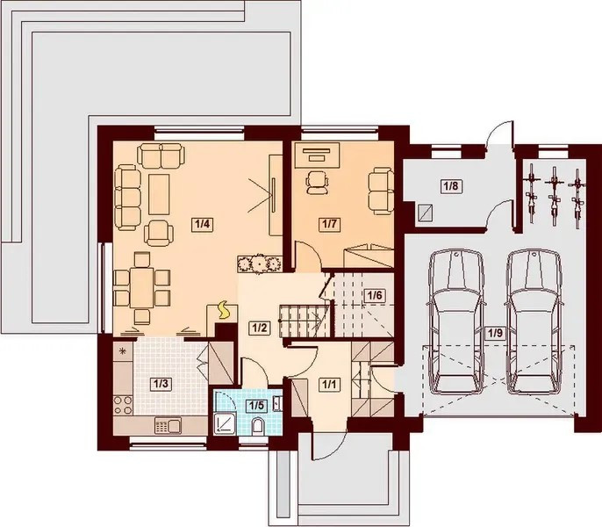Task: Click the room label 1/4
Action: point(202,224)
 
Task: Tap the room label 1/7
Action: point(329,224)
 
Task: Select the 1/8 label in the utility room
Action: point(451,186)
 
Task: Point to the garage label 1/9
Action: point(495,333)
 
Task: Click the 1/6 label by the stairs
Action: point(375,296)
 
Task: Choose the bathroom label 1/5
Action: point(256,405)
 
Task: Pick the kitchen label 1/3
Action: point(161,384)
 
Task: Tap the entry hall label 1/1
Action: point(329,384)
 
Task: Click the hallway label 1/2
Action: point(259,328)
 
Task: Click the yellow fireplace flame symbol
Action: point(223,311)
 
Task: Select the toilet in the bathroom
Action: point(257,427)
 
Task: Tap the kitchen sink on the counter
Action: point(168,426)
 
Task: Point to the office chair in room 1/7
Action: point(317,182)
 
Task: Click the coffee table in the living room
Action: point(159,194)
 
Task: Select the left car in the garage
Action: point(455,322)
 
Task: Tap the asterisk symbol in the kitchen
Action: point(123,350)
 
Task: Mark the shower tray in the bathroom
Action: point(225,423)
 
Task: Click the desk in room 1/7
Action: point(317,155)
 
